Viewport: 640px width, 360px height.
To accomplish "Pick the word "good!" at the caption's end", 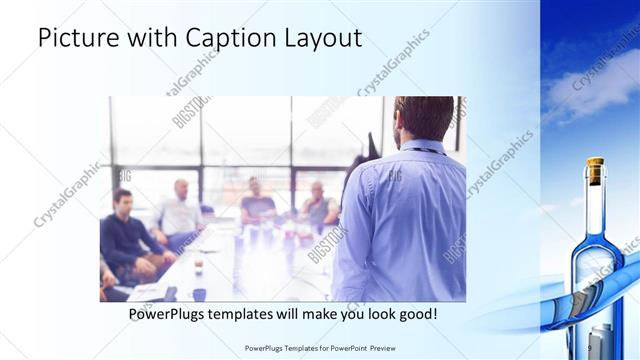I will point(414,314).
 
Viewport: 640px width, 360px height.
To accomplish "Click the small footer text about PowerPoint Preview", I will point(320,349).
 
